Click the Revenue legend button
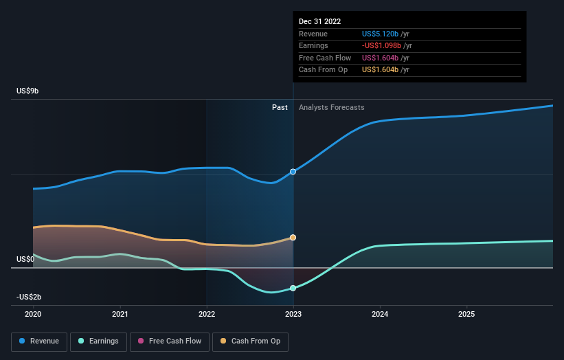coord(39,341)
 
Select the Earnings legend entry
coord(98,341)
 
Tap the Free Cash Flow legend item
coord(170,341)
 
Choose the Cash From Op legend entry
coord(250,341)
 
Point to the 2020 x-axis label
coord(33,315)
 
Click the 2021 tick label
coord(120,315)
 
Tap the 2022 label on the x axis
coord(207,315)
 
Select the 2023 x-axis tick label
coord(293,315)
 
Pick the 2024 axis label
coord(380,315)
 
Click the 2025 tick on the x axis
coord(466,315)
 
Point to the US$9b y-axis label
coord(27,91)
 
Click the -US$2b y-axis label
coord(29,297)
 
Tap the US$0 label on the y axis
coord(25,259)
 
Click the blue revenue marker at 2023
coord(293,172)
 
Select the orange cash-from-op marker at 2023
coord(293,238)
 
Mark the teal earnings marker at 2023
coord(293,288)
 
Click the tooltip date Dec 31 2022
coord(319,21)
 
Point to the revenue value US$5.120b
coord(380,34)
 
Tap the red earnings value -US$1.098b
coord(381,45)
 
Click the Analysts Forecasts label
coord(332,108)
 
